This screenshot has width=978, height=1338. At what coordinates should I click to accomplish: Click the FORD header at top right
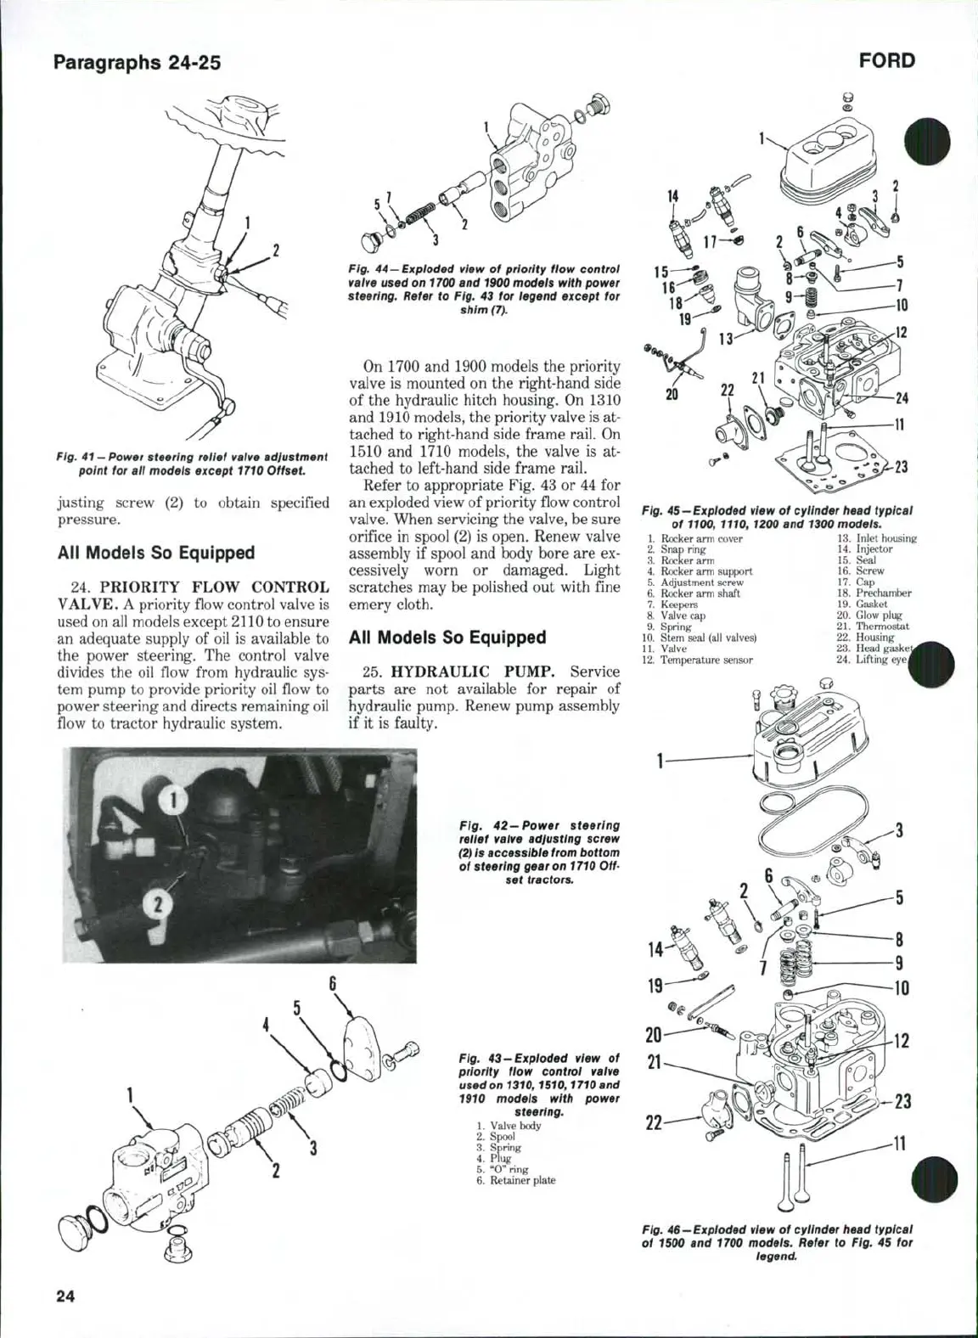click(x=887, y=61)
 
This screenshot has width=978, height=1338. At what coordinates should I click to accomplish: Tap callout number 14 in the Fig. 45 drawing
click(x=672, y=196)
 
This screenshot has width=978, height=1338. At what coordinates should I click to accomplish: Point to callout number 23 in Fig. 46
click(x=902, y=1102)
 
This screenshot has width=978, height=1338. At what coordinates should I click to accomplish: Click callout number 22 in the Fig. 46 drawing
click(x=654, y=1122)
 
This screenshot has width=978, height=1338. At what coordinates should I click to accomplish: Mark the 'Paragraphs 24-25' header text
click(x=137, y=62)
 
